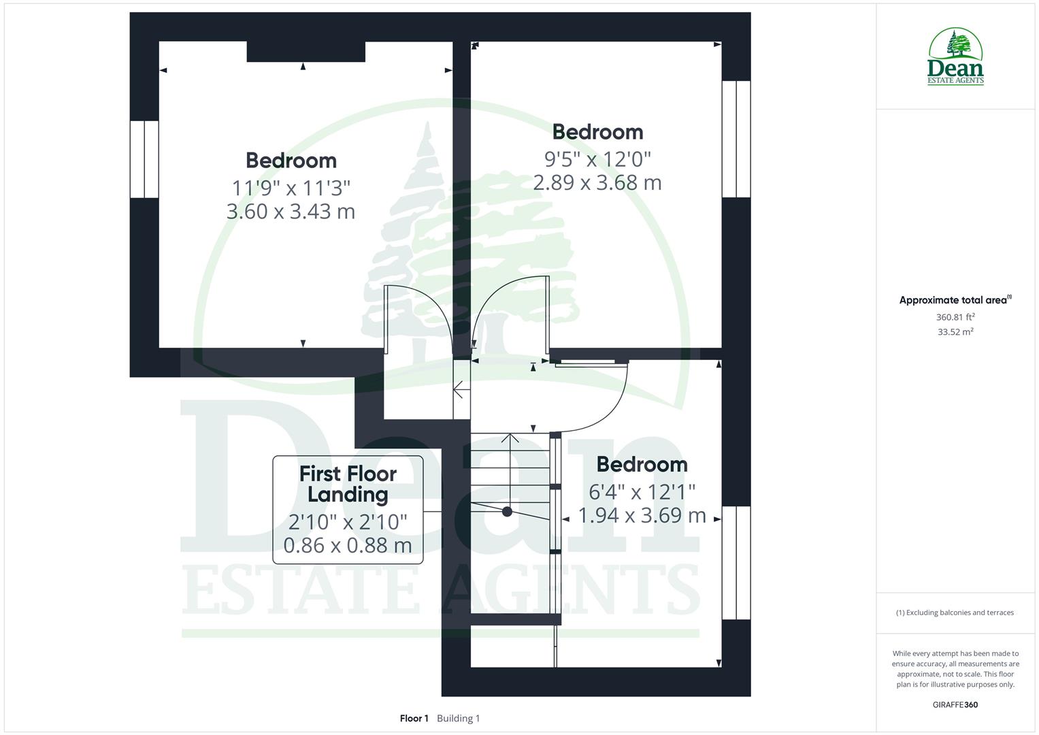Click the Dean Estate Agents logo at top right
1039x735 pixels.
955,57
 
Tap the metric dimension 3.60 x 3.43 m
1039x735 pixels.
291,211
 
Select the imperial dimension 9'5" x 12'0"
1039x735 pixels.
597,159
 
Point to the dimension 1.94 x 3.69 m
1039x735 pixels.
642,515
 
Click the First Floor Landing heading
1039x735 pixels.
348,484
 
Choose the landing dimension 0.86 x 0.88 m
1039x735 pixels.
348,545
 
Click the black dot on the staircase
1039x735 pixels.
507,512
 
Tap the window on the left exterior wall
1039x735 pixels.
144,159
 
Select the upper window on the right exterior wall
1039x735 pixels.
736,139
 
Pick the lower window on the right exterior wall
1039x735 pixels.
736,563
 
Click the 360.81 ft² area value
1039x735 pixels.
955,317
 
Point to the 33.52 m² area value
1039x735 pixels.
955,332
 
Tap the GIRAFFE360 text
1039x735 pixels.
955,705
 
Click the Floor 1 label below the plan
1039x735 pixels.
414,719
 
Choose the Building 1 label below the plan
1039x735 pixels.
458,719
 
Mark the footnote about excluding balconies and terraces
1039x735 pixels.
955,612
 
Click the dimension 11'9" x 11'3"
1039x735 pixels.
291,187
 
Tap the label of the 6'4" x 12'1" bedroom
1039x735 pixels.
642,464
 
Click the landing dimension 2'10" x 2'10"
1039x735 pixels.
348,522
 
